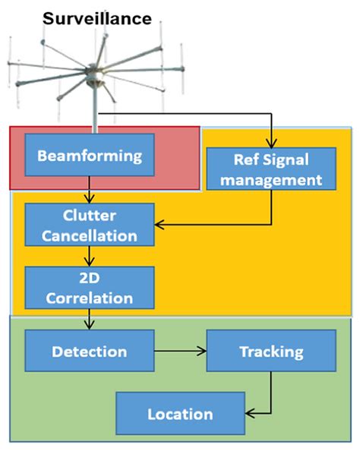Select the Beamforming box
90,156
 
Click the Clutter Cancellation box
90,225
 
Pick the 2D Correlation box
90,288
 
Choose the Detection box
89,352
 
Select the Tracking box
270,352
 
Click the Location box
180,414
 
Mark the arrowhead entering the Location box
250,414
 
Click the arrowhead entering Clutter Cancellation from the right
160,224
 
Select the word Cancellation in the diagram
90,235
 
